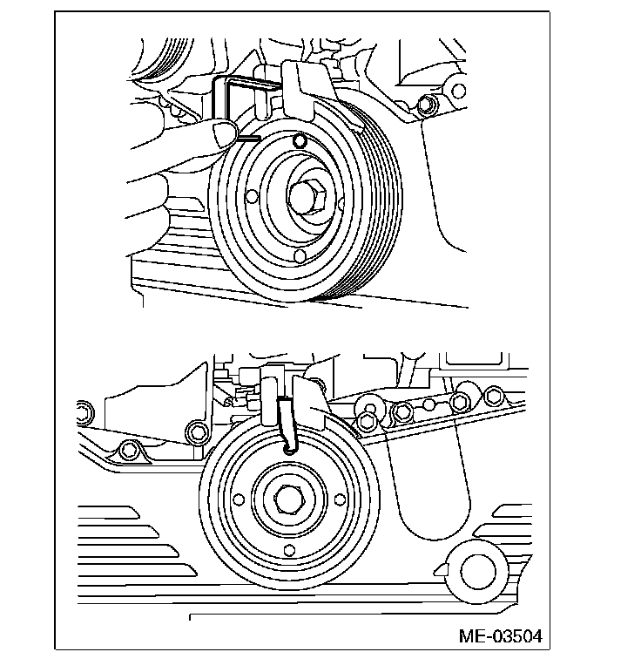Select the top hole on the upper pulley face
(x=300, y=140)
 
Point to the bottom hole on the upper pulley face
(x=300, y=256)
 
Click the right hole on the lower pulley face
(x=336, y=501)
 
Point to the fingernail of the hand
(x=225, y=133)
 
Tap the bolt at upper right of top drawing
(x=425, y=106)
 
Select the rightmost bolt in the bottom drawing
(x=496, y=399)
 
